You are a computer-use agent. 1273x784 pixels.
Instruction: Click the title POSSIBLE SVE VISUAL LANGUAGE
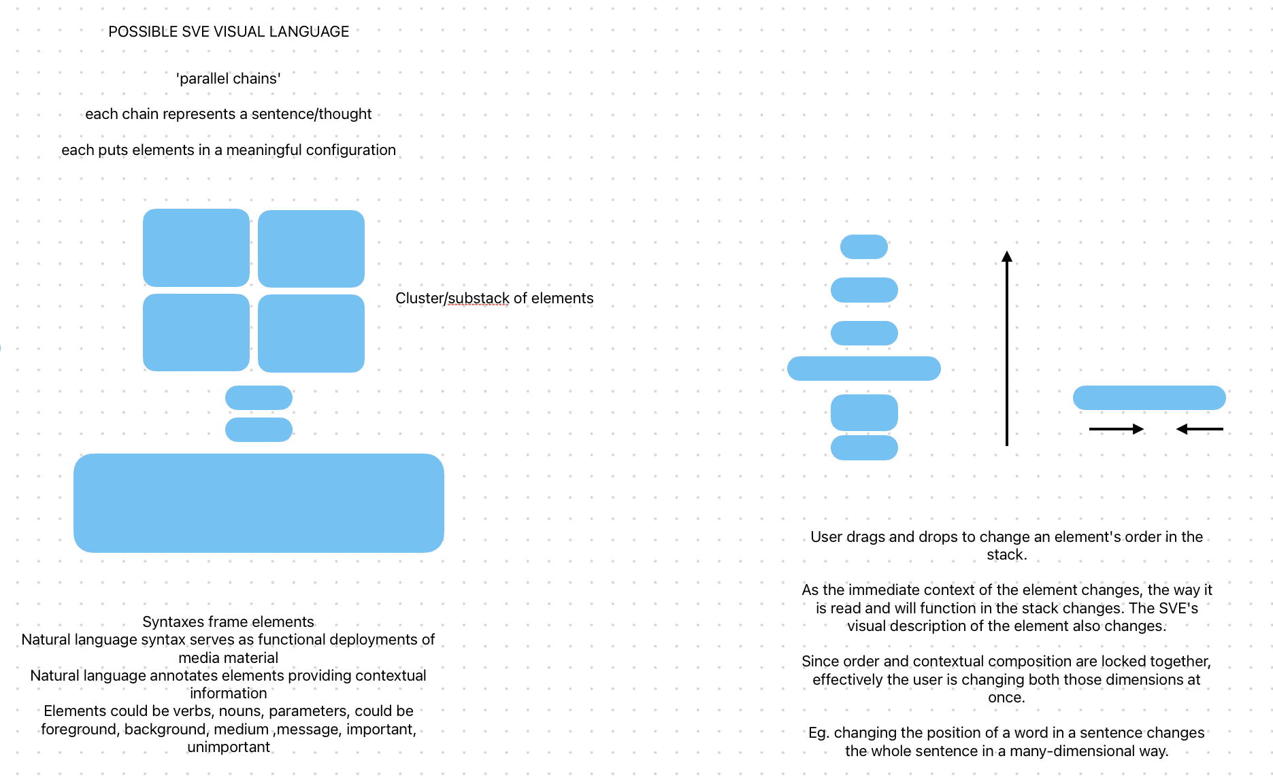229,32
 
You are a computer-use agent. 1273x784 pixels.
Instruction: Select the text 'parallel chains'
229,79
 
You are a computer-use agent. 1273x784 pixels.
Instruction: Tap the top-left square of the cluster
196,248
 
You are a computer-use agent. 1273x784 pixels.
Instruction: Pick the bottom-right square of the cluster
311,333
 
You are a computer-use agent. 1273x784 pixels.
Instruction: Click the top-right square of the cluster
311,248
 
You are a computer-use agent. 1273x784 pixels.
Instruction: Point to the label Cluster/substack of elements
494,299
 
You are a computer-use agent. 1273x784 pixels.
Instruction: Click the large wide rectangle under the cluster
259,502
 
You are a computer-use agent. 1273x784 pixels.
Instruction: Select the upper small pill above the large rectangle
259,398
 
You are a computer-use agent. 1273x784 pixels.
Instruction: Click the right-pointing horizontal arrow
1116,429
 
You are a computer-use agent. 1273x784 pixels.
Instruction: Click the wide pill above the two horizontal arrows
1149,398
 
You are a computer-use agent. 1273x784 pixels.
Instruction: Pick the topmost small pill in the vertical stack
864,247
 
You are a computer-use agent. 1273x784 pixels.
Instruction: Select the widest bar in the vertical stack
864,369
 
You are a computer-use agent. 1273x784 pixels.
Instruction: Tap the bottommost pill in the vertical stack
864,447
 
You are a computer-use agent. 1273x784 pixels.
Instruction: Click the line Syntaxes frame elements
229,622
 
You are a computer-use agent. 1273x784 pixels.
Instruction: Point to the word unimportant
229,747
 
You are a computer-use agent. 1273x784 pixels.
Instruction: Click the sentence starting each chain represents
229,114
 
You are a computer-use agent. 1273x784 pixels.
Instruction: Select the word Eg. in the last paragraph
819,733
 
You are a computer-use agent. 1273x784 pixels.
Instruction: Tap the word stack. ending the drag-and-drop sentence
1006,555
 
